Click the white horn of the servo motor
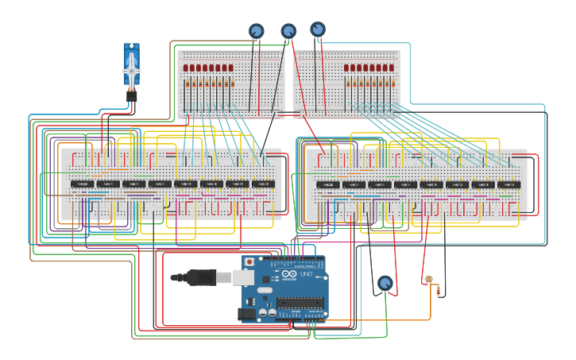point(132,71)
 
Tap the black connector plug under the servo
point(131,96)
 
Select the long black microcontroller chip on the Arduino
point(300,302)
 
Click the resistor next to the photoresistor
point(439,291)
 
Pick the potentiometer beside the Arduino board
point(385,283)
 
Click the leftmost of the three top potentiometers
point(257,31)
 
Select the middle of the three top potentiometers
point(288,31)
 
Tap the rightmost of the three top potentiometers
point(318,29)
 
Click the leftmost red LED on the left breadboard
point(186,68)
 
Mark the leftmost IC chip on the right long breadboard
point(327,185)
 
